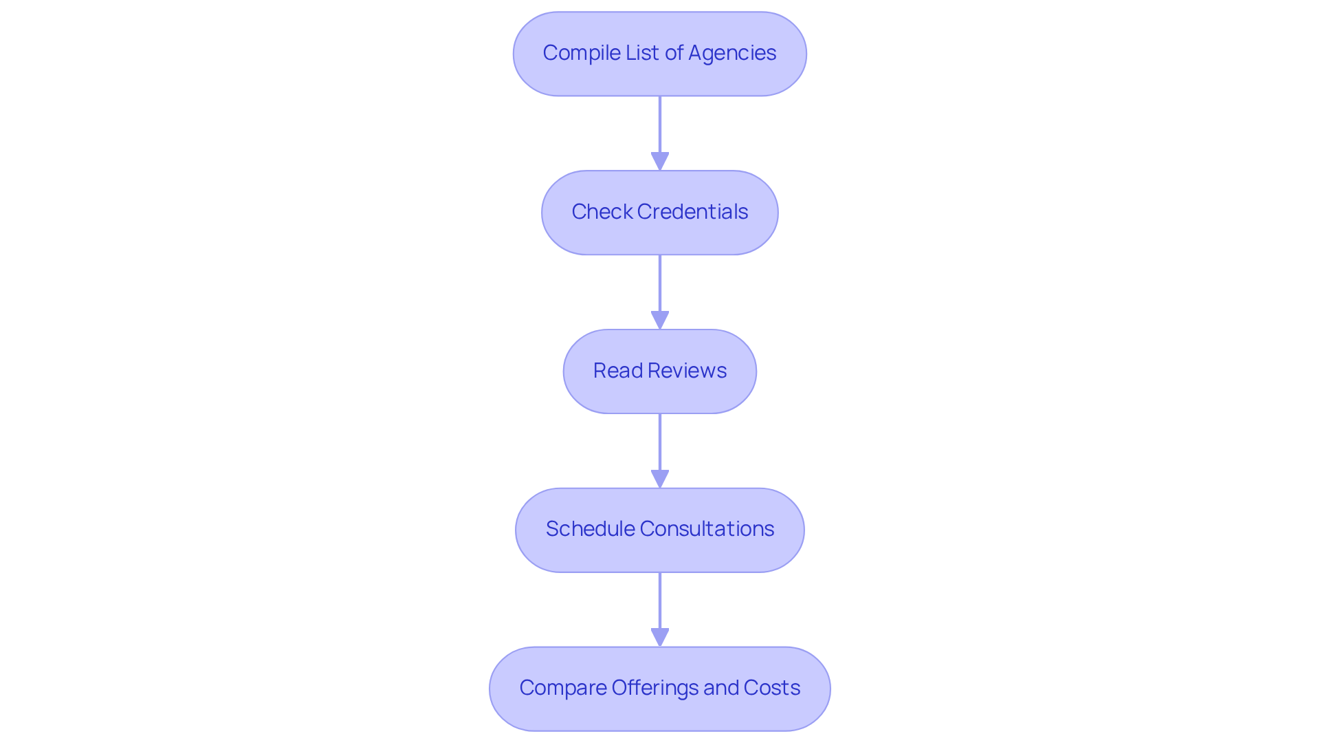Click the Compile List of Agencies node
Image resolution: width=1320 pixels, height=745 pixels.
click(x=659, y=54)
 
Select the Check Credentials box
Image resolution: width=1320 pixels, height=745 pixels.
click(x=659, y=213)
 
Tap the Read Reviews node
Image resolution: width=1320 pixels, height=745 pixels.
click(x=659, y=371)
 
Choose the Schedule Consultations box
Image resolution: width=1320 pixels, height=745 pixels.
click(x=659, y=530)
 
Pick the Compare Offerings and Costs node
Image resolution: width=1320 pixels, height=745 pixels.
click(x=659, y=689)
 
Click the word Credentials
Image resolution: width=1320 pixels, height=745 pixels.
click(x=692, y=212)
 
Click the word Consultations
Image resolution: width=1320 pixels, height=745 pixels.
click(x=707, y=529)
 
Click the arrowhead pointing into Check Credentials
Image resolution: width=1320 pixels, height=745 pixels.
click(x=660, y=161)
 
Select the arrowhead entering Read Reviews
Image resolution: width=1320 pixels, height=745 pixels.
click(x=660, y=320)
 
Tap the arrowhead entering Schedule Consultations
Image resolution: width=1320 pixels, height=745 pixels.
click(x=660, y=479)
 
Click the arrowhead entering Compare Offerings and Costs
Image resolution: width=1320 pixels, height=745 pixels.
click(x=660, y=637)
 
